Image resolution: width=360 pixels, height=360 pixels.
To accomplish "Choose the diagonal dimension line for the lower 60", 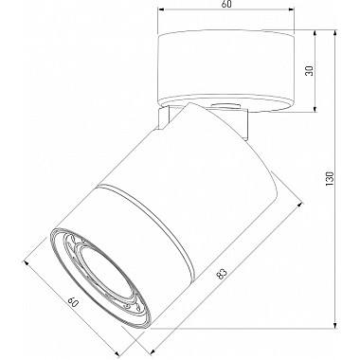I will tap(76, 303).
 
